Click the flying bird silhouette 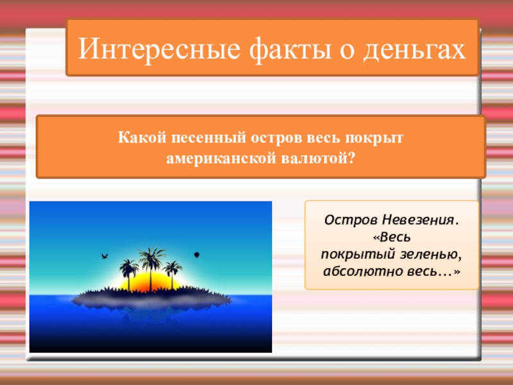(x=103, y=257)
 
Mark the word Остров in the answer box (x=346, y=220)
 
